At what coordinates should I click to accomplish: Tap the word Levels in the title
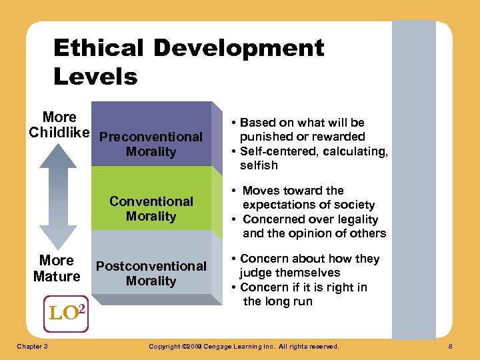[95, 77]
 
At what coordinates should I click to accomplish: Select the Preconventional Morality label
[151, 144]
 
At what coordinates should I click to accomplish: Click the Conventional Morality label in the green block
[151, 209]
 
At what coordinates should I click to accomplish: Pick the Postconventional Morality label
[151, 273]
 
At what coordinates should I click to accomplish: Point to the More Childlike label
[59, 125]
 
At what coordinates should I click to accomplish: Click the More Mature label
[57, 268]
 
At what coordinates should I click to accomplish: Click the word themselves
[310, 273]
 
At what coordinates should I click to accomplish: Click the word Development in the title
[239, 48]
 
